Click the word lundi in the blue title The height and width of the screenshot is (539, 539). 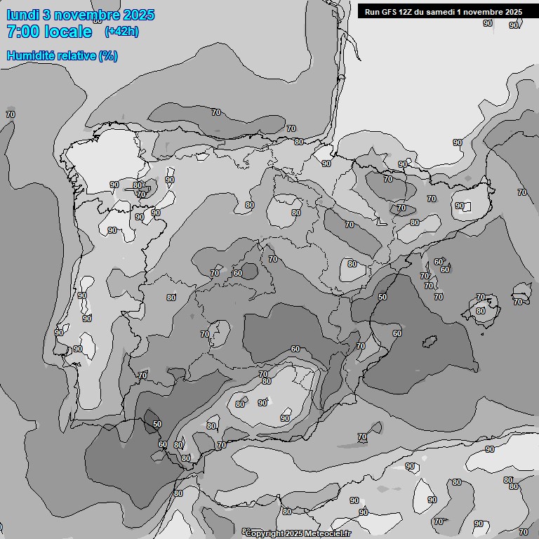pyautogui.click(x=22, y=15)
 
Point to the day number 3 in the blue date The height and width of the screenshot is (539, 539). pyautogui.click(x=46, y=15)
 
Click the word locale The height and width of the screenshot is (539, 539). pyautogui.click(x=72, y=32)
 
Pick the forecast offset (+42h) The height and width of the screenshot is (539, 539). pyautogui.click(x=121, y=32)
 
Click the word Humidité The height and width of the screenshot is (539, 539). pyautogui.click(x=31, y=55)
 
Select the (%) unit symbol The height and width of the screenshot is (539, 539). pyautogui.click(x=108, y=55)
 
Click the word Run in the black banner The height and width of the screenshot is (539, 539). pyautogui.click(x=372, y=12)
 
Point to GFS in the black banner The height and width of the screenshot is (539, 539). pyautogui.click(x=391, y=12)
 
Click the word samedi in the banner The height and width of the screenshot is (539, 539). pyautogui.click(x=448, y=12)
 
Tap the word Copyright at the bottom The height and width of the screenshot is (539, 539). pyautogui.click(x=270, y=533)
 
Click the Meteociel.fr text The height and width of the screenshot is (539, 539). pyautogui.click(x=330, y=533)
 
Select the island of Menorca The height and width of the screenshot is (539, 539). pyautogui.click(x=522, y=293)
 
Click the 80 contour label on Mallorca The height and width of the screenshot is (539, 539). pyautogui.click(x=480, y=311)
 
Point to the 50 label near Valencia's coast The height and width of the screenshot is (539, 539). pyautogui.click(x=382, y=297)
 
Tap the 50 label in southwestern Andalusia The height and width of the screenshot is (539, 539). pyautogui.click(x=157, y=424)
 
